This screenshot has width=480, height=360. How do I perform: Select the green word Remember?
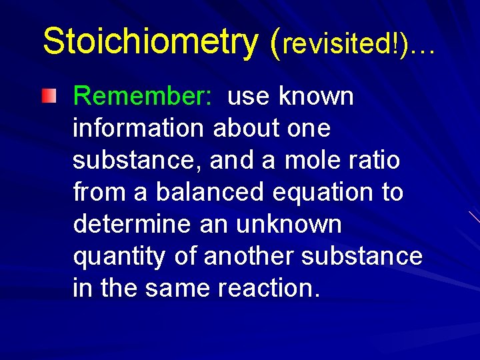pos(143,97)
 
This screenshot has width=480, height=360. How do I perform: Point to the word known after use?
pos(317,97)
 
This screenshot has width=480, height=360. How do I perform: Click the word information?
pos(139,129)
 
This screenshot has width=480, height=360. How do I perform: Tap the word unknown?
pos(289,225)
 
